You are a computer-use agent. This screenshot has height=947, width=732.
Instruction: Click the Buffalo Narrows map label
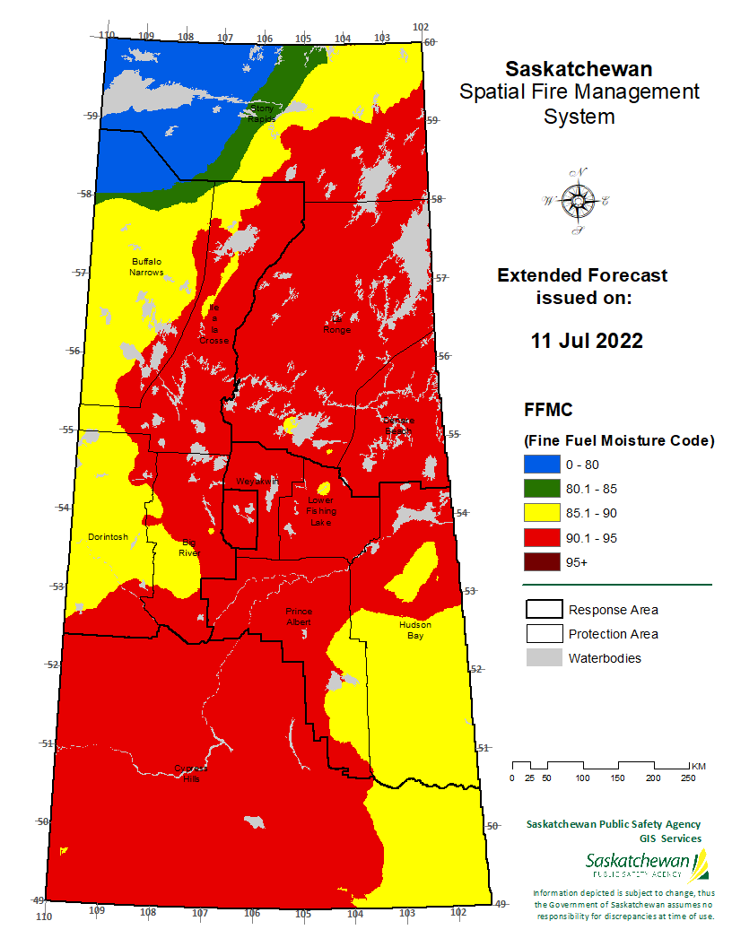coord(146,266)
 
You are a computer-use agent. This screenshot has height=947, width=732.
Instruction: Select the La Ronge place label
coord(337,324)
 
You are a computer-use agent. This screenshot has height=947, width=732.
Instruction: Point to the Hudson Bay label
coord(415,630)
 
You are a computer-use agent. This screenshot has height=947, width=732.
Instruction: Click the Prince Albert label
coord(298,615)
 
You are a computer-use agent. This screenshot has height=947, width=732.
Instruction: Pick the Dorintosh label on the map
coord(108,537)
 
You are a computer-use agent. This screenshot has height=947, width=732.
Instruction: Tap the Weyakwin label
coord(257,482)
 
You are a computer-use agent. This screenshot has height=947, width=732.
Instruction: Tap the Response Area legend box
coord(542,610)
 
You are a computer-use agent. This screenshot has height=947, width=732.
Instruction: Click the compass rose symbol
coord(576,202)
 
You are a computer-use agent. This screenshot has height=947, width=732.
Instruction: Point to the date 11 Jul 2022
coord(587,341)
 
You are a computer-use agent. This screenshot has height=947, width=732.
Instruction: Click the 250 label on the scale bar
coord(687,778)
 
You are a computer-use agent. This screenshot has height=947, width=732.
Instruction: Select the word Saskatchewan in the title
coord(579,69)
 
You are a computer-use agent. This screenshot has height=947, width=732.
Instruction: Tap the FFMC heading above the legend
coord(549,410)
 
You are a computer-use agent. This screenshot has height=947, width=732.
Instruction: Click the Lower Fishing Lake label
coord(320,510)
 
